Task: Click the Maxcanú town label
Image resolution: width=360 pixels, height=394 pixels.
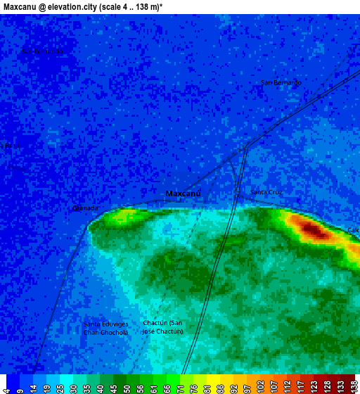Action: tap(184, 193)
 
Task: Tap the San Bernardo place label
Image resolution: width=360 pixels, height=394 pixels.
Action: tap(281, 83)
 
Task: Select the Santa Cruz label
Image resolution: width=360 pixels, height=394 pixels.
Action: tap(266, 192)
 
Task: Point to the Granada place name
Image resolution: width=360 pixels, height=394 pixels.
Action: tap(85, 208)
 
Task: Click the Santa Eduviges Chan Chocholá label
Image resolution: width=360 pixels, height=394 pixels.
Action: tap(105, 328)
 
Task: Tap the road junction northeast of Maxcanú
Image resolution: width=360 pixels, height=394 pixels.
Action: tap(245, 148)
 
